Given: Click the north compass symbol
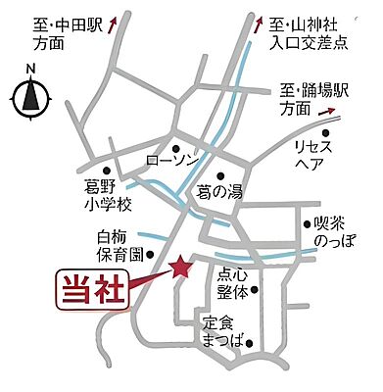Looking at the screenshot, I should pyautogui.click(x=31, y=95).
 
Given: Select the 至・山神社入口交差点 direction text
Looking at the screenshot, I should pyautogui.click(x=312, y=33).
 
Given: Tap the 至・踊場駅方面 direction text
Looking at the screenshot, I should pyautogui.click(x=310, y=100).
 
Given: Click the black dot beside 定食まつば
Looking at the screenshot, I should pyautogui.click(x=252, y=343).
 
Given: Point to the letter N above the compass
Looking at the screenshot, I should pyautogui.click(x=31, y=68).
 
